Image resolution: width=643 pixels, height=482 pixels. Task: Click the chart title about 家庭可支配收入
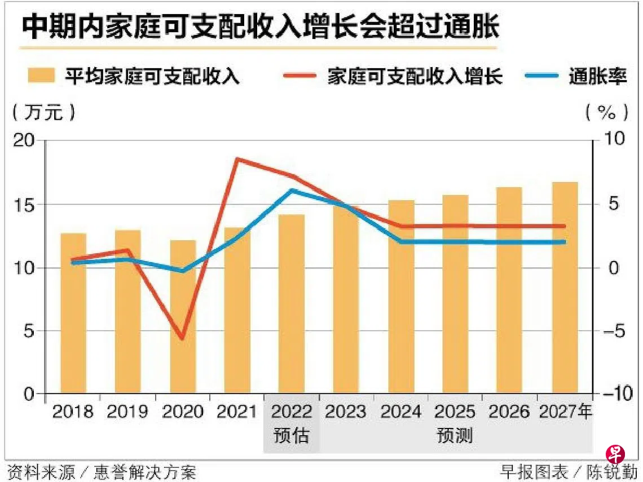(x=260, y=27)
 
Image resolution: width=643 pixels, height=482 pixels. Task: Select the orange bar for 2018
(x=73, y=313)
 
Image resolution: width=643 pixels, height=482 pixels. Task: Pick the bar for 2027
(x=565, y=288)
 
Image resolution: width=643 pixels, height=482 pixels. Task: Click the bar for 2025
(x=455, y=294)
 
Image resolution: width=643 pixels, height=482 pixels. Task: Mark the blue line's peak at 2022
(x=292, y=191)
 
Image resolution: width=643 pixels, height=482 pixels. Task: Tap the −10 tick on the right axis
(x=615, y=394)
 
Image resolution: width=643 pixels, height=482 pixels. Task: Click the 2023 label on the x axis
(x=346, y=412)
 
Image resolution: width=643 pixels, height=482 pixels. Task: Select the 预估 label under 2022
(x=291, y=436)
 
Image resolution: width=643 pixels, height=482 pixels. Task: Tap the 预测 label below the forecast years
(x=455, y=436)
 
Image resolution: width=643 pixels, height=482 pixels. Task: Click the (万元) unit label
(x=43, y=112)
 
